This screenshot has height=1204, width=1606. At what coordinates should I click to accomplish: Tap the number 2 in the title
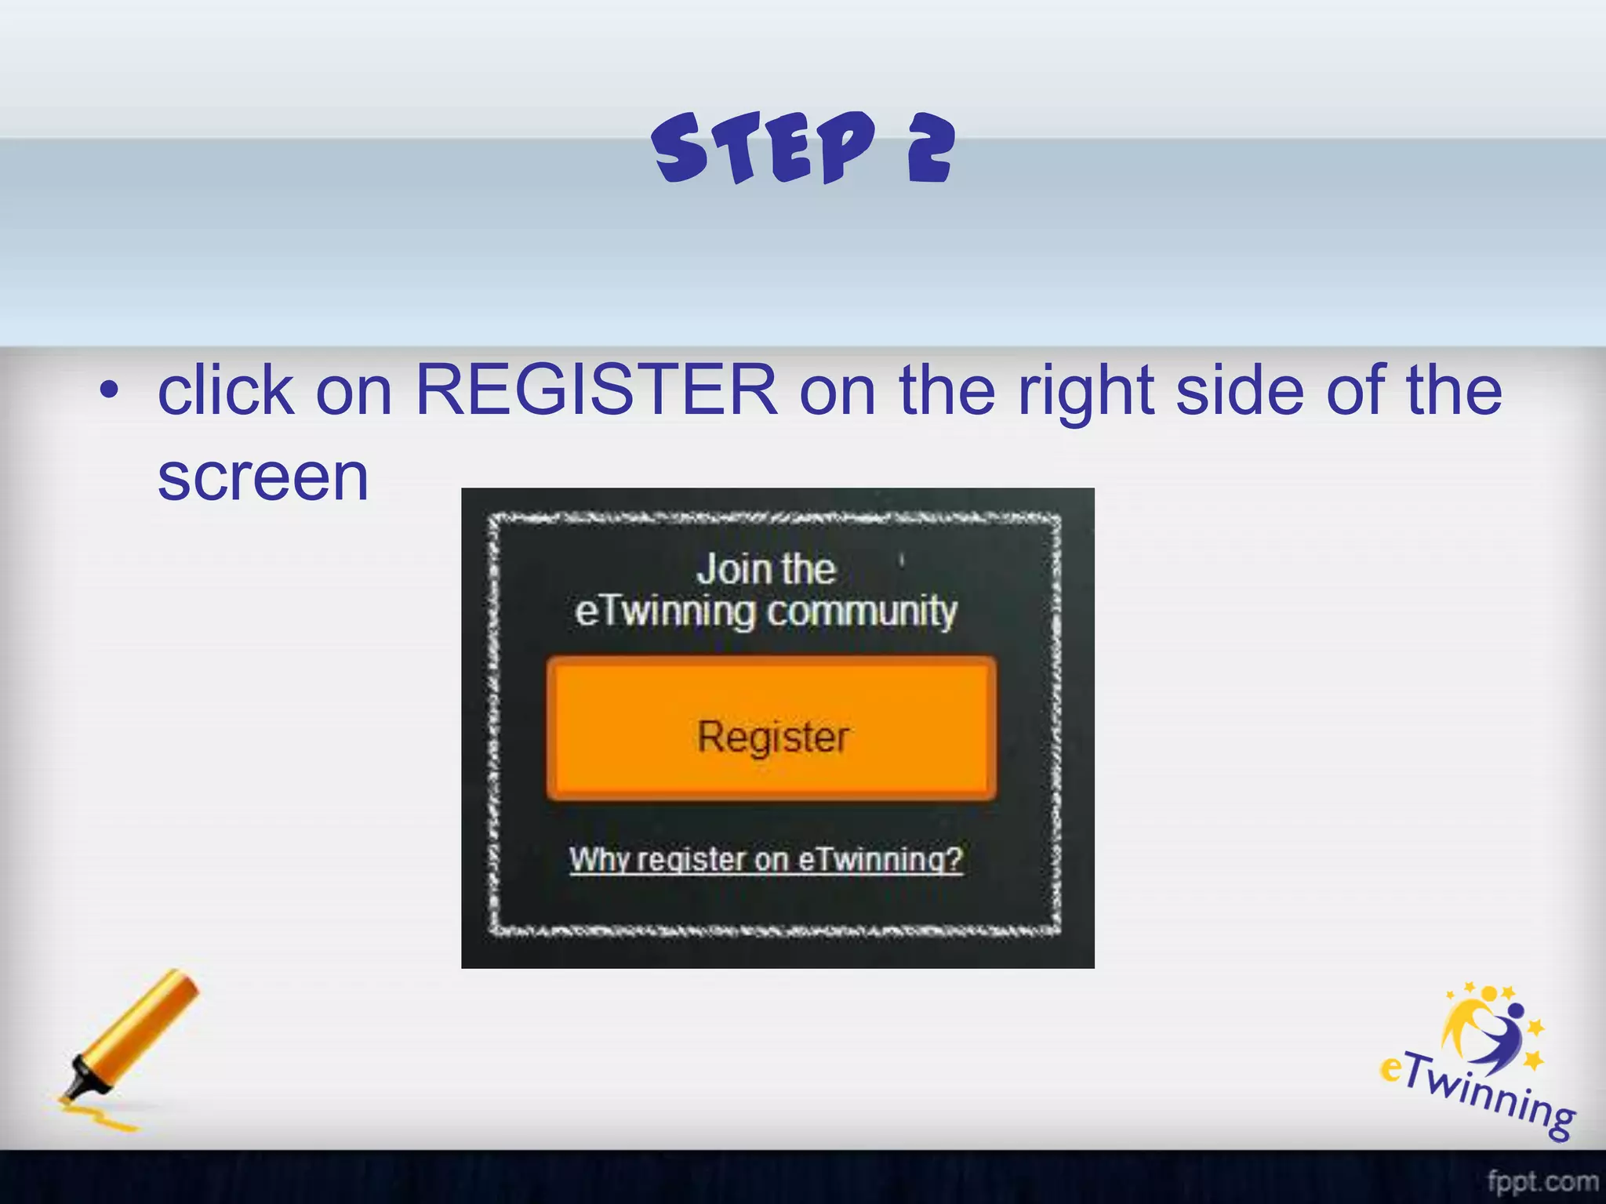tap(931, 149)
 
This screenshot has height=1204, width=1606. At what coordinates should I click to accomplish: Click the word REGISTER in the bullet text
tap(596, 390)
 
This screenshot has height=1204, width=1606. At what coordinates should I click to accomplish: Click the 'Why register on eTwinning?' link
tap(765, 860)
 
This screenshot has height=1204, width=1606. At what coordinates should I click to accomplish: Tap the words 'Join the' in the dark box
tap(765, 569)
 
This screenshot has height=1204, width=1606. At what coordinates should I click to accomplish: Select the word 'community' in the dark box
tap(862, 611)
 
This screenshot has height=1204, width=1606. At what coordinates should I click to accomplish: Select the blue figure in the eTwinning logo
tap(1502, 1035)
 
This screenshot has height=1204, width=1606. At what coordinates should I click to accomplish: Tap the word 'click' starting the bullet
tap(226, 390)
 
